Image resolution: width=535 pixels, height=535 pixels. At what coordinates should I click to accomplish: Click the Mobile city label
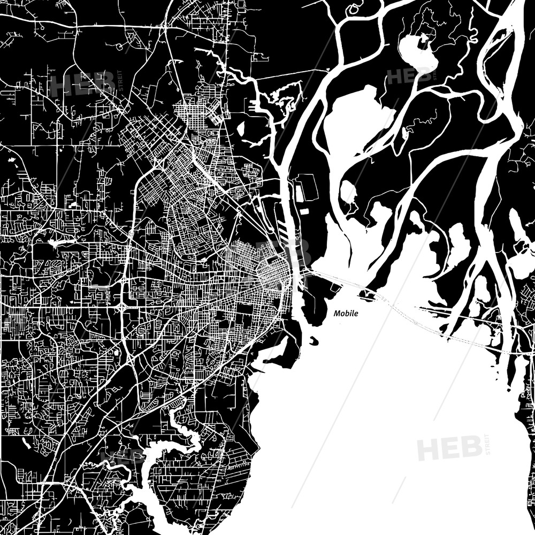[346, 314]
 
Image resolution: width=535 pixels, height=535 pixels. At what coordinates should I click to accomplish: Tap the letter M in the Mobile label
[337, 314]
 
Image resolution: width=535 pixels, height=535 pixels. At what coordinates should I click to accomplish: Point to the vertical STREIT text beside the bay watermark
[486, 445]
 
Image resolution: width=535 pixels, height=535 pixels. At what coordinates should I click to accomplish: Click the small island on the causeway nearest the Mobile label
[369, 293]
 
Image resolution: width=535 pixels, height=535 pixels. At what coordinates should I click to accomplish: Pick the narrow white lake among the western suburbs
[55, 243]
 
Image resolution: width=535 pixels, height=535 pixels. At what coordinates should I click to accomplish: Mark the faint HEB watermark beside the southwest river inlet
[120, 457]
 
